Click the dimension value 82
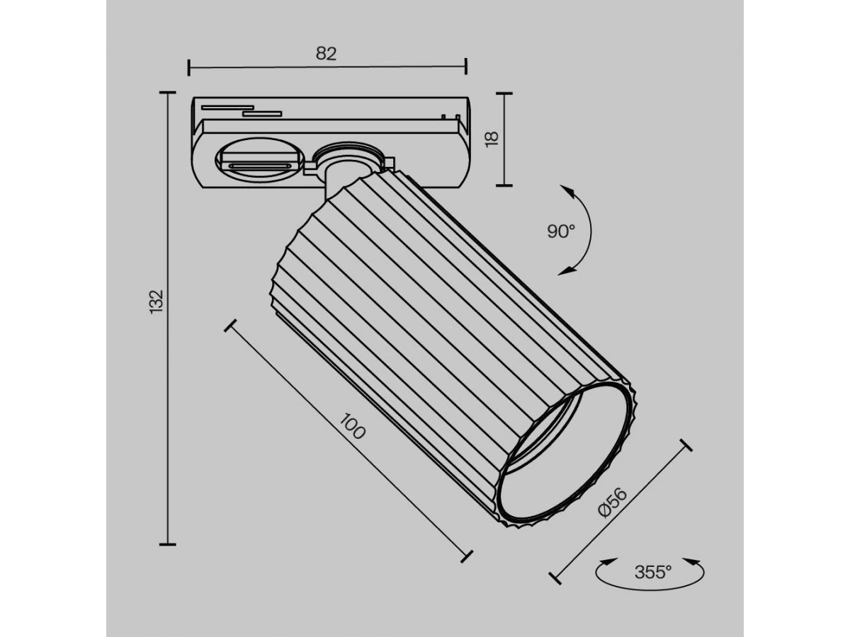coord(326,53)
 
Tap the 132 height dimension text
coord(157,302)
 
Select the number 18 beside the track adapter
coord(492,139)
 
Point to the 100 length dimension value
coord(352,426)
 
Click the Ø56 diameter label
coord(612,503)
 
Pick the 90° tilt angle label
coord(561,231)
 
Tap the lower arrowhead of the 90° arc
coord(566,272)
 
